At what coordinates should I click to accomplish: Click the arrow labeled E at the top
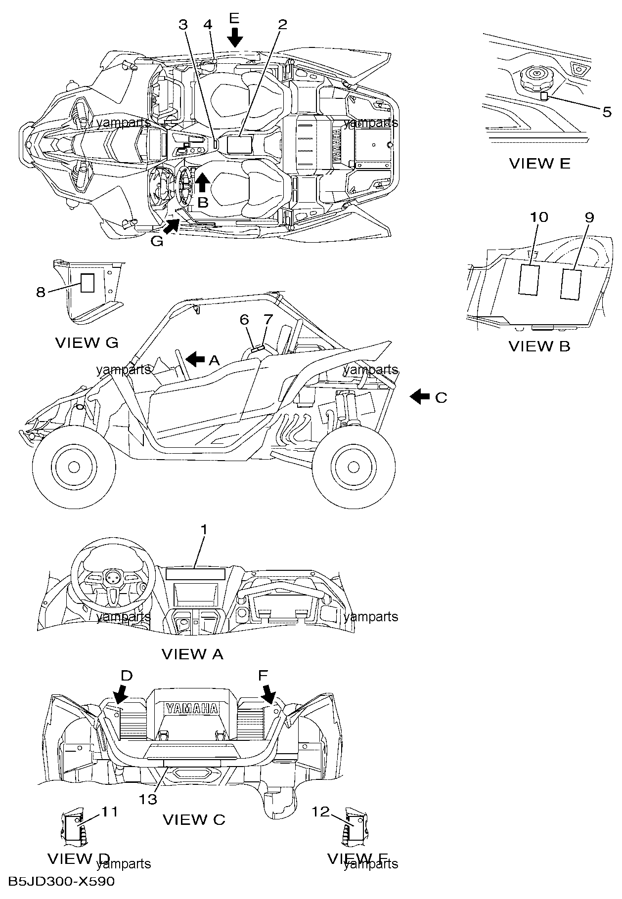[235, 37]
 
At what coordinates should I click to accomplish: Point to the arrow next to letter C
[420, 396]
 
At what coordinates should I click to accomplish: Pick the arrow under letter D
[120, 694]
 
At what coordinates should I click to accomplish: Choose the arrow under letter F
[269, 694]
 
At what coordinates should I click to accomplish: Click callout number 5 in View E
[607, 112]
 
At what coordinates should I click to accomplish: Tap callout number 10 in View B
[539, 216]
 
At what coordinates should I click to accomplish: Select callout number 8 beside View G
[41, 292]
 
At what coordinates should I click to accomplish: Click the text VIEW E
[539, 164]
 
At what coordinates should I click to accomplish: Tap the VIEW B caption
[539, 346]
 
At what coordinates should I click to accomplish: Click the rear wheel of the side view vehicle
[353, 466]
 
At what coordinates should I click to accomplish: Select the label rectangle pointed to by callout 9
[571, 284]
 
